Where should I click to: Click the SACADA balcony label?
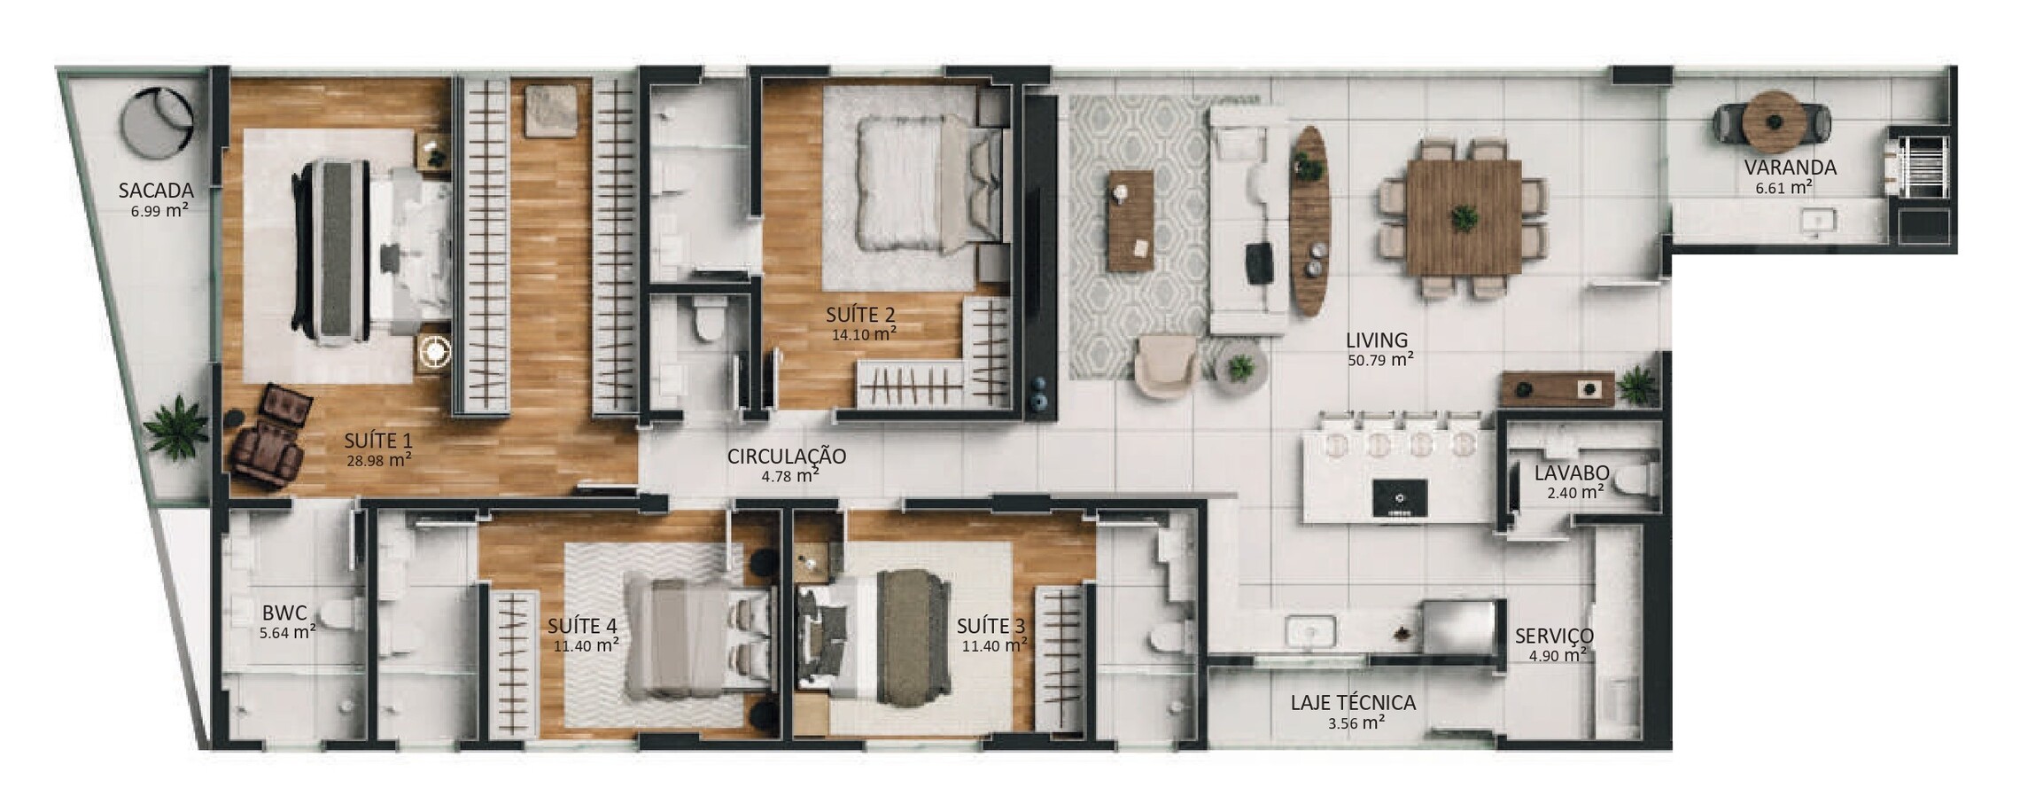(x=156, y=190)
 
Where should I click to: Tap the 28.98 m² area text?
(x=379, y=459)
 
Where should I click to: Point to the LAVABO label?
(x=1572, y=473)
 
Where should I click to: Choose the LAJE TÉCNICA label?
(x=1353, y=703)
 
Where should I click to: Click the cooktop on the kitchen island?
(x=1398, y=497)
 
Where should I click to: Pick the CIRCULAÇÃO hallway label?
(x=787, y=456)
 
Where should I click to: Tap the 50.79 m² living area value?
(x=1380, y=359)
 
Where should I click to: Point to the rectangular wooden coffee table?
(x=1130, y=221)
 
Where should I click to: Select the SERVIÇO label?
(x=1554, y=635)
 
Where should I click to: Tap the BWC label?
(x=284, y=613)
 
